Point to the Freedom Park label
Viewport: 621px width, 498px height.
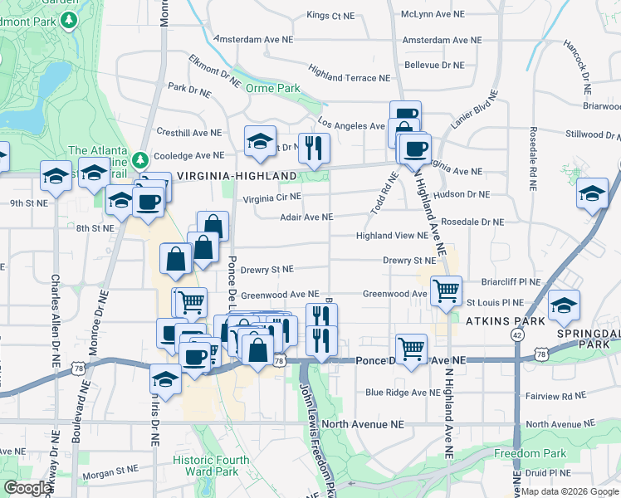pos(530,454)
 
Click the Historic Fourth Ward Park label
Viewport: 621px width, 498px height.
pos(205,466)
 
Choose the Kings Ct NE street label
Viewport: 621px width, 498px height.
pos(330,15)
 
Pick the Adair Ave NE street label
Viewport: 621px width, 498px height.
pos(306,217)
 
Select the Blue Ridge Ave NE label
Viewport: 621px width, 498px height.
pos(400,392)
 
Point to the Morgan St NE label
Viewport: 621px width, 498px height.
pos(115,470)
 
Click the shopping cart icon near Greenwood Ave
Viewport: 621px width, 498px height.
pos(446,291)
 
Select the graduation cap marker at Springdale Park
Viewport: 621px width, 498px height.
pos(565,306)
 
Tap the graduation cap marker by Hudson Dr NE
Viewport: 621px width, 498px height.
pos(592,195)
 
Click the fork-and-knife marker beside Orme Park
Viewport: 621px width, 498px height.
pos(313,149)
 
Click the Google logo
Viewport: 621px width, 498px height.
pos(28,488)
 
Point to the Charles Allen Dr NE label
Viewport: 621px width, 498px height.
pos(56,320)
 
